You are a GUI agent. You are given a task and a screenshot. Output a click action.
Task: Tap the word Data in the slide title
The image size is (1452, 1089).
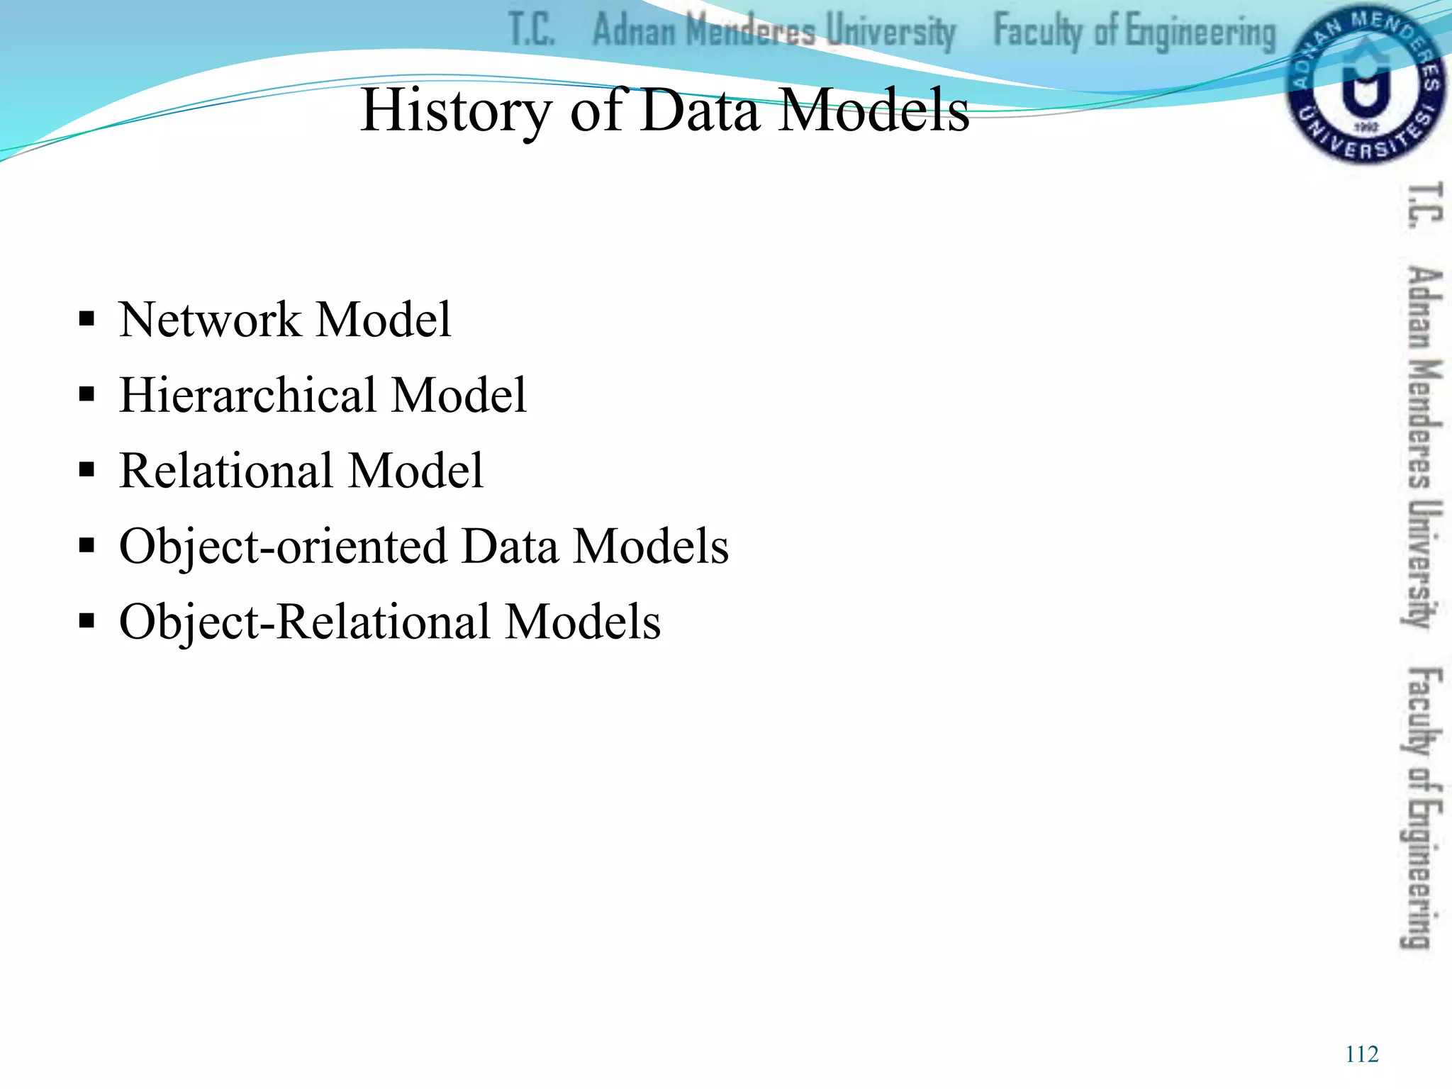tap(698, 111)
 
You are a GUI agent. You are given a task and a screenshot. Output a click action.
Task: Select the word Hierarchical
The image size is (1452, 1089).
tap(247, 395)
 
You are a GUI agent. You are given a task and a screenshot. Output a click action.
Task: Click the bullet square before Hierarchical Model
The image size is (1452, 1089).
tap(87, 394)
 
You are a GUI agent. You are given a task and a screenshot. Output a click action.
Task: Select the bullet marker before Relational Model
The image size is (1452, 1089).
tap(87, 470)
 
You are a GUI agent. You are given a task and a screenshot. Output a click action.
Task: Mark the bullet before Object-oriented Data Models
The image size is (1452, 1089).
tap(87, 546)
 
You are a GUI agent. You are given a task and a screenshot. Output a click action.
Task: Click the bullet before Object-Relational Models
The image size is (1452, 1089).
tap(87, 622)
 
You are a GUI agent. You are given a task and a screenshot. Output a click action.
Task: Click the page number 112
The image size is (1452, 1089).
tap(1361, 1054)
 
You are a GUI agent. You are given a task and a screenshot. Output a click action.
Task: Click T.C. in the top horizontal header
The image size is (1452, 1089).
tap(532, 30)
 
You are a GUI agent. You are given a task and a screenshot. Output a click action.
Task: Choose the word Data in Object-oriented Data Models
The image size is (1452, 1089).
tap(510, 547)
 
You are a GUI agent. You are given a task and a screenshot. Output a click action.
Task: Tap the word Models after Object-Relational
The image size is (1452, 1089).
tap(583, 622)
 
